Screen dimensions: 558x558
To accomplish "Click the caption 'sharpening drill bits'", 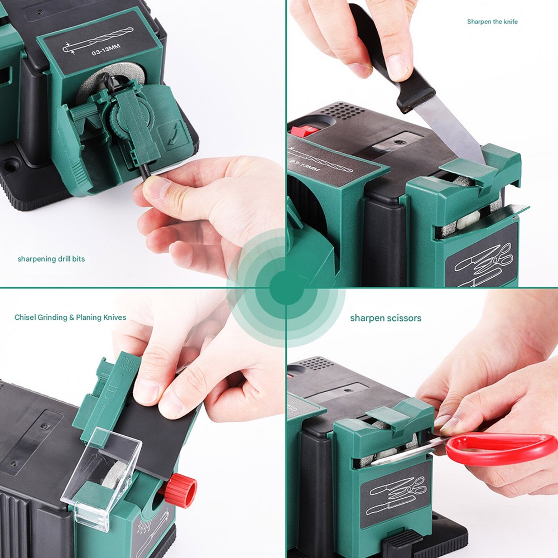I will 51,259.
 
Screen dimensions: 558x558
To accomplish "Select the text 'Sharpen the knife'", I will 492,22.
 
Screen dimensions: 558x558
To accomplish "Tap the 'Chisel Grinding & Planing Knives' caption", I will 70,318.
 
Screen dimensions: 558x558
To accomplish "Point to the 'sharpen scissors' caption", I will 386,318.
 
